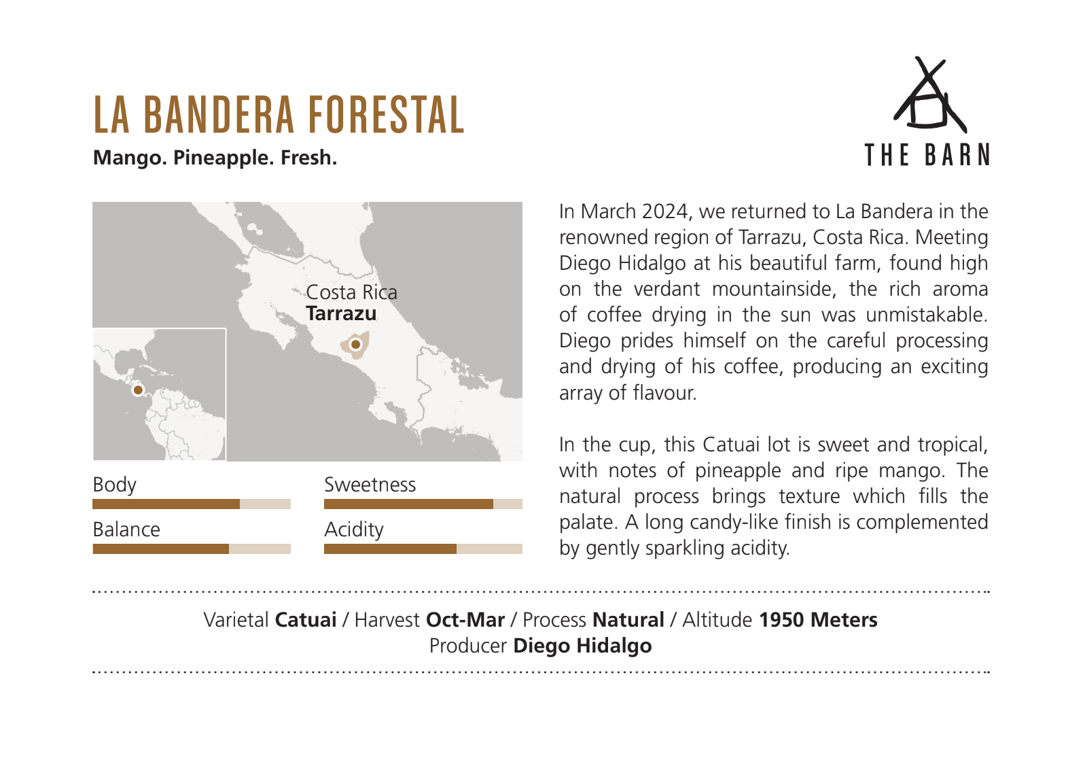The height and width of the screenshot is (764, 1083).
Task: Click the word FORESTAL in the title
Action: coord(387,114)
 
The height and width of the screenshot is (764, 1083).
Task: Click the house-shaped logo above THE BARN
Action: coord(929,94)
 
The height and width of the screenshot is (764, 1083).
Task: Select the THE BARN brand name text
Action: coord(927,155)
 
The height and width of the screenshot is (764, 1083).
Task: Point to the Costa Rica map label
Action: coord(351,292)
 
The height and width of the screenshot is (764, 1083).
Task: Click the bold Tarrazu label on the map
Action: coord(341,313)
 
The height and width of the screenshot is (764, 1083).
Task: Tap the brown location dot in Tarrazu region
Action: coord(356,345)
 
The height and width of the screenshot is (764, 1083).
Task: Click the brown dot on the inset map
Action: coord(139,389)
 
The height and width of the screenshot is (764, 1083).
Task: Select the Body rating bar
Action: coord(192,504)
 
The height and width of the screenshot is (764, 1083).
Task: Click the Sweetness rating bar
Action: coord(423,504)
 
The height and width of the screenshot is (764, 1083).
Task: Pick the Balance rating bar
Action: coord(192,549)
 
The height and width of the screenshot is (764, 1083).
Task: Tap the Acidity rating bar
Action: coord(423,549)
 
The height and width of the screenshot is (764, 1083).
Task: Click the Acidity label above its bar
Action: coord(354,530)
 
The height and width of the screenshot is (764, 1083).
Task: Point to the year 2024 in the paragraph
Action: coord(664,212)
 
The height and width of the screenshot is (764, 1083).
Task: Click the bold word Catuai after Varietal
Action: coord(306,620)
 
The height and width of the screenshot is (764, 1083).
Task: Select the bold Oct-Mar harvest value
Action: coord(465,620)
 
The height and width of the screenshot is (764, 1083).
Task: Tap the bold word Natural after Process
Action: coord(628,620)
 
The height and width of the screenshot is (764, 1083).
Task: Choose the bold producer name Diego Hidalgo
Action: coord(582,646)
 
